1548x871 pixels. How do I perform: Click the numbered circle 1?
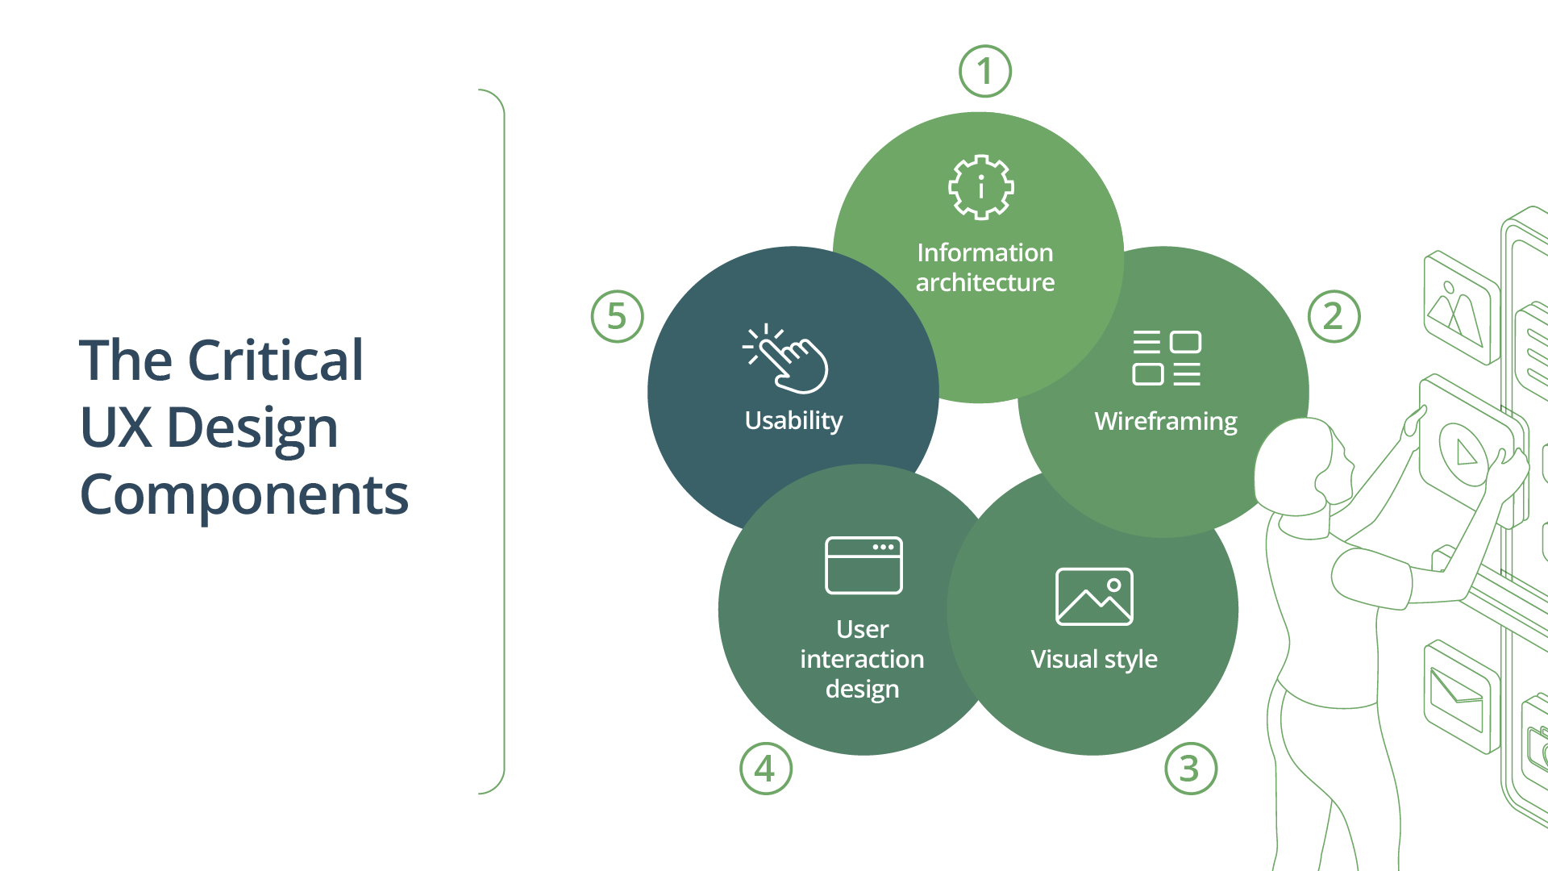click(985, 71)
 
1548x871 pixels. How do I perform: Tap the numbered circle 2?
click(1334, 316)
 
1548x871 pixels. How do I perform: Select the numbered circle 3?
click(1190, 769)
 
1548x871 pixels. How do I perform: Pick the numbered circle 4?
click(766, 769)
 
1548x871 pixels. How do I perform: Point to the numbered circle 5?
click(617, 316)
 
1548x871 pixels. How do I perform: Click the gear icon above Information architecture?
click(981, 187)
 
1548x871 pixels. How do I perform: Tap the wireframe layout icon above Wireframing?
click(1167, 357)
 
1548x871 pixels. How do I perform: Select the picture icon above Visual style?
click(1094, 597)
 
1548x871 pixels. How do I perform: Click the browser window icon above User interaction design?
click(863, 565)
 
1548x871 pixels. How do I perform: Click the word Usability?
click(793, 420)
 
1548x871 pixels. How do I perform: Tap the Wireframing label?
click(1165, 421)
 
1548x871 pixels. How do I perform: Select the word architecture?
click(985, 282)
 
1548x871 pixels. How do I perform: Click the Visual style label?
click(1094, 659)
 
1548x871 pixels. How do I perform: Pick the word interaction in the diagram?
click(862, 659)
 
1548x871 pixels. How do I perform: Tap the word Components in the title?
click(243, 494)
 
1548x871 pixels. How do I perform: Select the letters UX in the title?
click(116, 427)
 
